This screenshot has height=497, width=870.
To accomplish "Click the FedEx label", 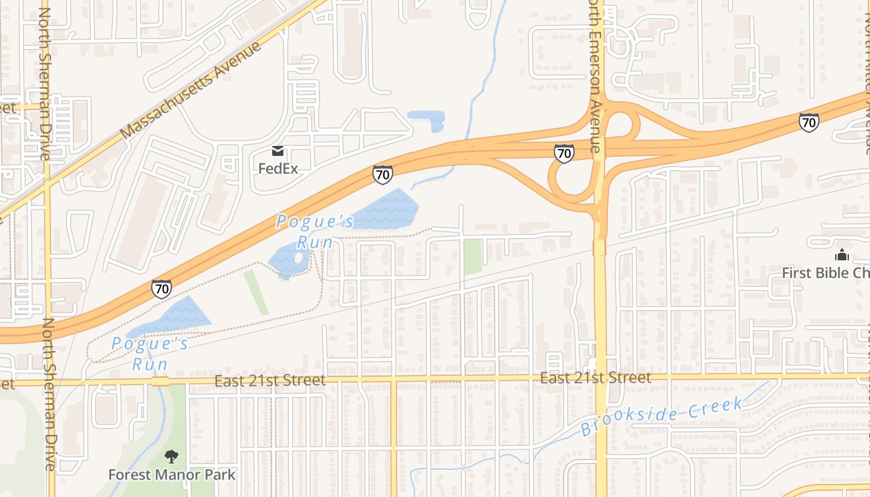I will [278, 168].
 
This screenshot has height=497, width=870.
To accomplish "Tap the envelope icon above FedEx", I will [277, 151].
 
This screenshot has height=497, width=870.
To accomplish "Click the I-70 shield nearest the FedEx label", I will [382, 175].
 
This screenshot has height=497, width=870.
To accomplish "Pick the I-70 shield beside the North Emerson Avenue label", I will [564, 153].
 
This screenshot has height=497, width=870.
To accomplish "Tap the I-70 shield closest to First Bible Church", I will [808, 122].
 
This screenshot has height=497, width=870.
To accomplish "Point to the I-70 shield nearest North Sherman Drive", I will [161, 289].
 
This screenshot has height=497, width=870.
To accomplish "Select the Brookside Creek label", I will [661, 416].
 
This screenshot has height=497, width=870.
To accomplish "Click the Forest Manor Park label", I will [172, 475].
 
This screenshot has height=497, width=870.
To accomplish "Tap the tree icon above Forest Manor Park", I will [172, 457].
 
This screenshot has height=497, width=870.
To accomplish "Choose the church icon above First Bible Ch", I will [842, 255].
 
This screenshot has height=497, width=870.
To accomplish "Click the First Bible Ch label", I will [825, 273].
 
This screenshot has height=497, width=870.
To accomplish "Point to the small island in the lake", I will [298, 257].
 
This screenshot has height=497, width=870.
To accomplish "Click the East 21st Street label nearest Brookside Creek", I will [595, 378].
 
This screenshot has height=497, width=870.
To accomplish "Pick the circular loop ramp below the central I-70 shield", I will [570, 180].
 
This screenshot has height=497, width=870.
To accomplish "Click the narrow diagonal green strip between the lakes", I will [255, 293].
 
